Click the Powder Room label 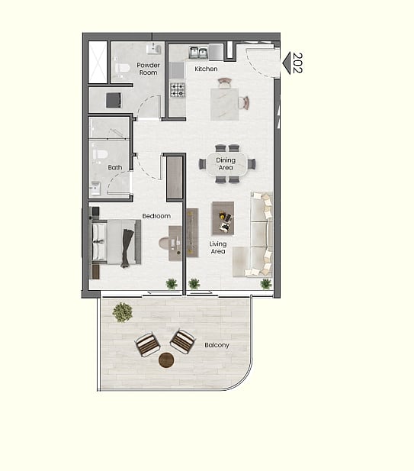[x=148, y=69]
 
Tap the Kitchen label [x=206, y=69]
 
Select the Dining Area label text [x=226, y=163]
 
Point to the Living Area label [x=218, y=247]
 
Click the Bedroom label [x=156, y=216]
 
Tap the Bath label [x=115, y=167]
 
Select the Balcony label [x=217, y=345]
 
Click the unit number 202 [x=297, y=63]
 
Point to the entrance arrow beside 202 [x=287, y=63]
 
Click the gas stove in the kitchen [x=178, y=90]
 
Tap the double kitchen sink [x=198, y=53]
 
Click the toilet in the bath [x=100, y=155]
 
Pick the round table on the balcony [x=166, y=360]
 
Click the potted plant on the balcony [x=123, y=312]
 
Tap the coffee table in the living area [x=223, y=218]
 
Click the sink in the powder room [x=153, y=49]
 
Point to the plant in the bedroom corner [x=172, y=283]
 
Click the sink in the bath [x=96, y=188]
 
